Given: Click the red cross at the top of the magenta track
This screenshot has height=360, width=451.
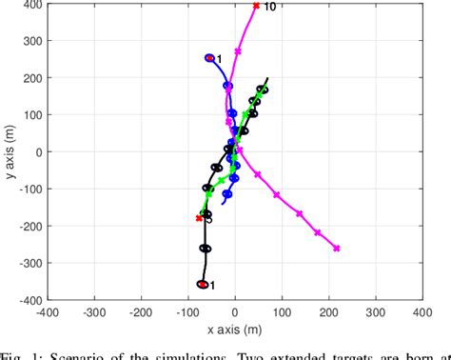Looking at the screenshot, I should (256, 6).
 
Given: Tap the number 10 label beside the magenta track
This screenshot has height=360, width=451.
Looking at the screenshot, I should (269, 7).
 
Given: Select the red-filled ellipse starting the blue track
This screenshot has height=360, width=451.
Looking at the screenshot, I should (209, 58).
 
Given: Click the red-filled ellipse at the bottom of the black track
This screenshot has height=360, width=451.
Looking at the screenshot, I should (203, 284).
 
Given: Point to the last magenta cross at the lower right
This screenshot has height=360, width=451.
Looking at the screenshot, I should (337, 249).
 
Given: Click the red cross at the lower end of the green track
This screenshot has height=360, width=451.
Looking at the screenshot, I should (199, 218).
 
